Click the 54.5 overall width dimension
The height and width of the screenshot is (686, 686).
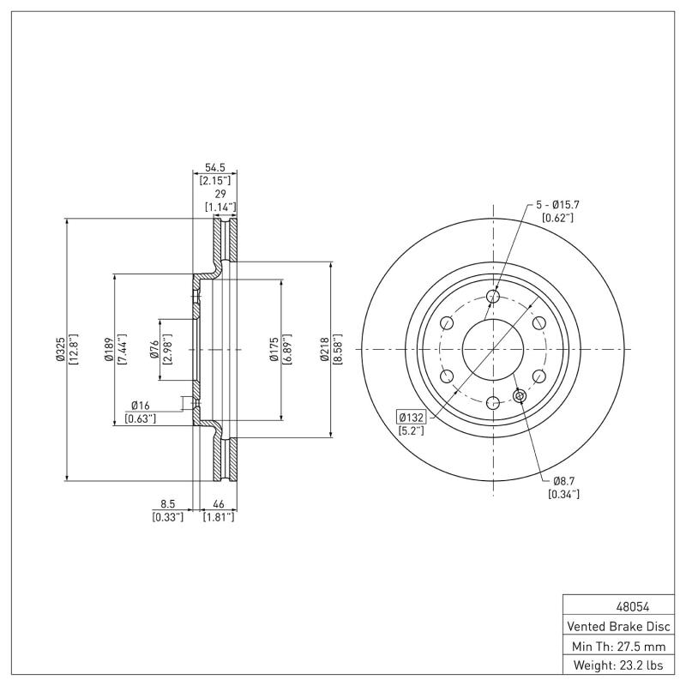(x=214, y=167)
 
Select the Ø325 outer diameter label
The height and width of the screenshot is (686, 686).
(x=61, y=350)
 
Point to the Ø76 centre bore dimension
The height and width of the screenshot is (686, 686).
(x=154, y=350)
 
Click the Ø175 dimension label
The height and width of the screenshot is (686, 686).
(x=274, y=350)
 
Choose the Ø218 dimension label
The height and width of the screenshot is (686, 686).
(x=325, y=350)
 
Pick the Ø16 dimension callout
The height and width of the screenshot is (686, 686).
(x=141, y=405)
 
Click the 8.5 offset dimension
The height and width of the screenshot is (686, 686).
(x=167, y=503)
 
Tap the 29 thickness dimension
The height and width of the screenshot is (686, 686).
(x=219, y=195)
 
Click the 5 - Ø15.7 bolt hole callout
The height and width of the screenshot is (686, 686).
(x=558, y=205)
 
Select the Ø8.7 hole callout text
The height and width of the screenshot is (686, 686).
(x=563, y=480)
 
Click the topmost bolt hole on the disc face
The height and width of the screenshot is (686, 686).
(x=492, y=297)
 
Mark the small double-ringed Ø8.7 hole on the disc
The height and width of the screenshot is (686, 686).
(x=519, y=395)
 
